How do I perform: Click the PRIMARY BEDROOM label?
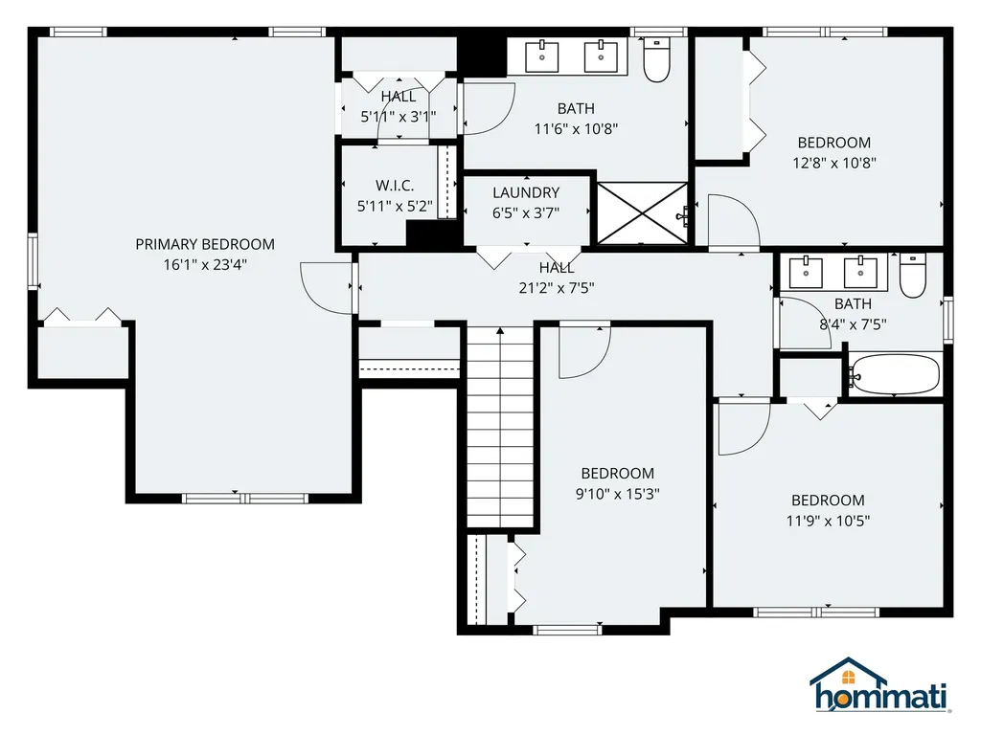point(204,244)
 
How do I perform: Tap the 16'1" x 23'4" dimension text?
point(204,265)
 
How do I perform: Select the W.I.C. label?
point(394,186)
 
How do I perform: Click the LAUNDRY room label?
point(526,192)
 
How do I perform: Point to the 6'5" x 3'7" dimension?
point(526,213)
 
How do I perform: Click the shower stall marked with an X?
point(640,210)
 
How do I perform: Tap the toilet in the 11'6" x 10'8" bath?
point(657,60)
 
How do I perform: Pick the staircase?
point(499,426)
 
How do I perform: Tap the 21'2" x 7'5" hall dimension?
point(556,286)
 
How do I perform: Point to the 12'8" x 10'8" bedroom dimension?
point(833,163)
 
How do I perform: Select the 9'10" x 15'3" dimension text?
point(617,494)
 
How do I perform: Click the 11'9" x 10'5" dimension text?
point(827,521)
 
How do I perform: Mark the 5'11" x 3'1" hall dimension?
point(398,117)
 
